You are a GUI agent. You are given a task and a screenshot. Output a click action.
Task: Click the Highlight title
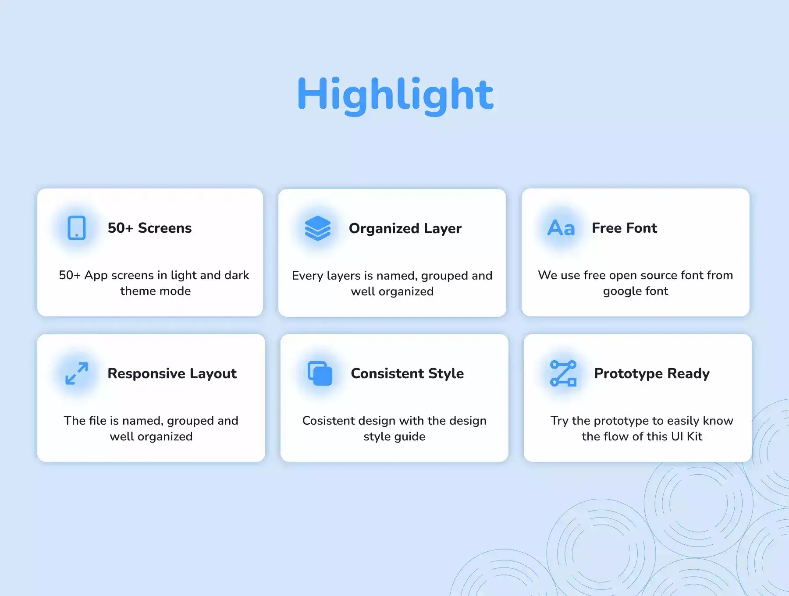click(x=395, y=95)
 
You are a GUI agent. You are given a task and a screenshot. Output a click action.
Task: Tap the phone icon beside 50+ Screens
click(x=77, y=228)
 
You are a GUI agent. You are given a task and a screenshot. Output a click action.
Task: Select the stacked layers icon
click(x=318, y=228)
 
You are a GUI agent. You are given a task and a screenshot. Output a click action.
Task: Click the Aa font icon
click(x=561, y=228)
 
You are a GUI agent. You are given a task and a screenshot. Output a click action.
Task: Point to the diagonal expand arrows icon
click(x=77, y=373)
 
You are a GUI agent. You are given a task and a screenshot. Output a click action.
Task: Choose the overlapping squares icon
click(x=320, y=373)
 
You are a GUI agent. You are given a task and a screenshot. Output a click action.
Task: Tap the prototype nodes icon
click(x=563, y=373)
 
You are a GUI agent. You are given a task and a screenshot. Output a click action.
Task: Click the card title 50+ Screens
click(x=150, y=228)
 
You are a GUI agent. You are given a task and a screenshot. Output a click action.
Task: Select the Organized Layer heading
click(x=405, y=229)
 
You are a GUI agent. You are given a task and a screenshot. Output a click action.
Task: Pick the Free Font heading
click(x=625, y=228)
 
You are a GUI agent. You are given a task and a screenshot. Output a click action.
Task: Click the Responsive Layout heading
click(x=172, y=374)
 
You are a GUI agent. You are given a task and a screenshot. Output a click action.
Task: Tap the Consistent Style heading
click(x=407, y=374)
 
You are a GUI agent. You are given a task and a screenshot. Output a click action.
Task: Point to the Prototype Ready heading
click(x=652, y=374)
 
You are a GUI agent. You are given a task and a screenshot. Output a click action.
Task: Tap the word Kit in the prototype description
click(x=695, y=436)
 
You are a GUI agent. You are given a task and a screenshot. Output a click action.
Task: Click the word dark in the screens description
click(x=237, y=275)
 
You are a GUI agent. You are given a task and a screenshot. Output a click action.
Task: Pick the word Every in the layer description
click(x=308, y=276)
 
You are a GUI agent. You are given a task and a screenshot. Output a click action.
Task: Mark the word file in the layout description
click(x=98, y=421)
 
